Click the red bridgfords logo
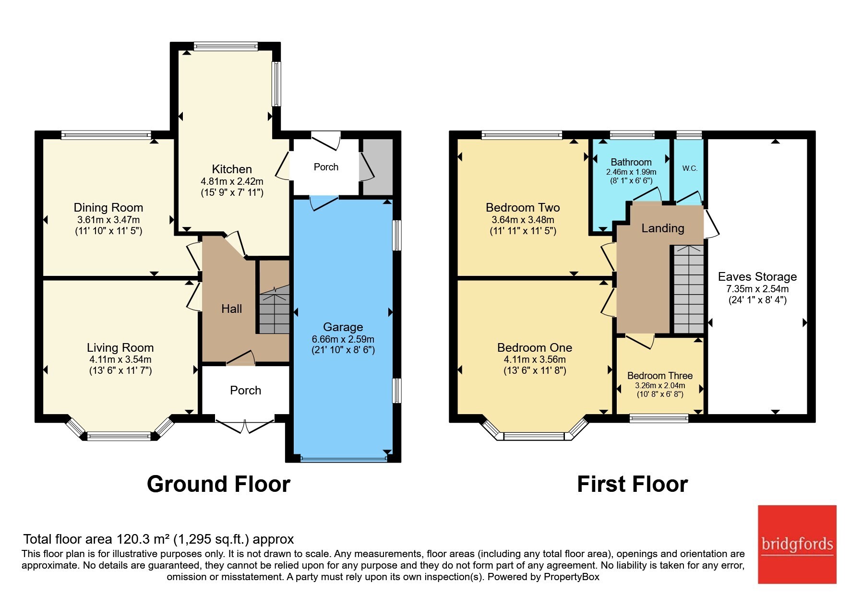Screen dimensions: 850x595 tap(797, 544)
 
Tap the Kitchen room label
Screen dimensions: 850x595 tap(232, 169)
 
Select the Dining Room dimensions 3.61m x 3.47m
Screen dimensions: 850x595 tap(108, 220)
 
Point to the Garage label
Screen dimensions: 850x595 tap(343, 327)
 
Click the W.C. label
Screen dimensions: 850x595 tap(690, 168)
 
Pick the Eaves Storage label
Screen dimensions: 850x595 tap(757, 277)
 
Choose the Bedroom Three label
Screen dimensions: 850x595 tap(660, 376)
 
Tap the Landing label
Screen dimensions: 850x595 tap(663, 228)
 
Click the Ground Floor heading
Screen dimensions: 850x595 tap(218, 484)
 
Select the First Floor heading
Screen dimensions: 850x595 tap(632, 484)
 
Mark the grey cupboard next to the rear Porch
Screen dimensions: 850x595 tap(378, 167)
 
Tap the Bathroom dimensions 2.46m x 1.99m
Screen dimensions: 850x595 tap(631, 172)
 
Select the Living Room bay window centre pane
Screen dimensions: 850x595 tap(119, 436)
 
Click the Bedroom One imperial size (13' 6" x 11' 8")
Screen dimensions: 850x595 tap(535, 370)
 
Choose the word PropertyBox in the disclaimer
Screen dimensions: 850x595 tap(571, 577)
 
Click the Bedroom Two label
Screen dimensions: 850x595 tap(523, 208)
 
